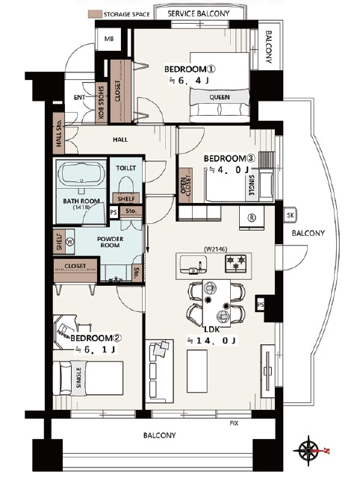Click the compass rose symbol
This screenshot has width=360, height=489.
coord(308,451)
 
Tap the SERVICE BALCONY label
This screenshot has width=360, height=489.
coord(199,13)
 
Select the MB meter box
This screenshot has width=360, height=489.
coord(109,39)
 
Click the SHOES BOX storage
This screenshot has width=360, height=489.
coord(101,102)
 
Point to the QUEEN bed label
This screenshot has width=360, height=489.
coord(220,97)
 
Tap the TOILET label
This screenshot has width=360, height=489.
coord(125,168)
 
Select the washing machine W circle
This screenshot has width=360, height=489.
coord(70,241)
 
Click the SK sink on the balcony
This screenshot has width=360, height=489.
coord(291,215)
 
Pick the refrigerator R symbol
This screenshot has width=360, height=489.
coord(252,218)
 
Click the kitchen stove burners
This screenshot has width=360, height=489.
coord(236,263)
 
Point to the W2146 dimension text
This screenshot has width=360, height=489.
coord(216,249)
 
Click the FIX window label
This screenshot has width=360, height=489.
coord(234,423)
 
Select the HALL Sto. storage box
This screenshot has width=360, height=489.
coord(59,134)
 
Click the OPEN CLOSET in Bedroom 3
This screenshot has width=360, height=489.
coord(186,186)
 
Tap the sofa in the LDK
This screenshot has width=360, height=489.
coord(159,371)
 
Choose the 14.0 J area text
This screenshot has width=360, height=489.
coord(211,340)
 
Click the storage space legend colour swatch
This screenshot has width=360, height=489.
coord(95,14)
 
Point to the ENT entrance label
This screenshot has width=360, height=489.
coord(80,97)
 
